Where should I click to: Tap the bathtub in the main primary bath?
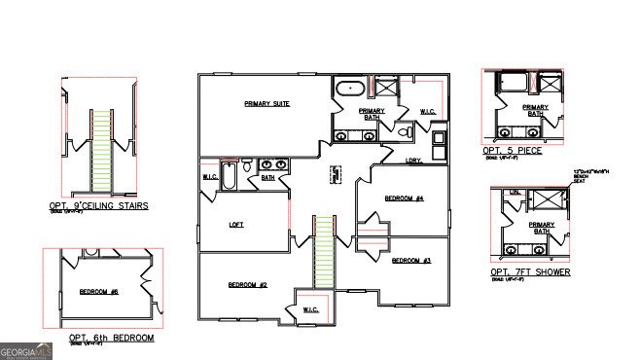(x=348, y=90)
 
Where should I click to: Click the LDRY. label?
(x=414, y=161)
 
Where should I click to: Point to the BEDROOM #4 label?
(x=404, y=198)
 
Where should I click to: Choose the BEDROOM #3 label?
(x=410, y=261)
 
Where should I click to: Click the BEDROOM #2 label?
(x=247, y=284)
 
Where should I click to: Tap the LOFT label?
(x=235, y=224)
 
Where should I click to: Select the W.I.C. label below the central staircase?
(x=310, y=309)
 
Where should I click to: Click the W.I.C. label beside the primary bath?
(x=429, y=112)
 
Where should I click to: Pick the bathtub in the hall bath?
(x=229, y=177)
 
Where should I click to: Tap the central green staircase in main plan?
(x=323, y=252)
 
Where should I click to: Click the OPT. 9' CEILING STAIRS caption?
(x=98, y=206)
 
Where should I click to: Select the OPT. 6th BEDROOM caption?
(x=111, y=338)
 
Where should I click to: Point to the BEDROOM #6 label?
(x=98, y=292)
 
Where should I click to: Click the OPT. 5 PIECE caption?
(x=513, y=151)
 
